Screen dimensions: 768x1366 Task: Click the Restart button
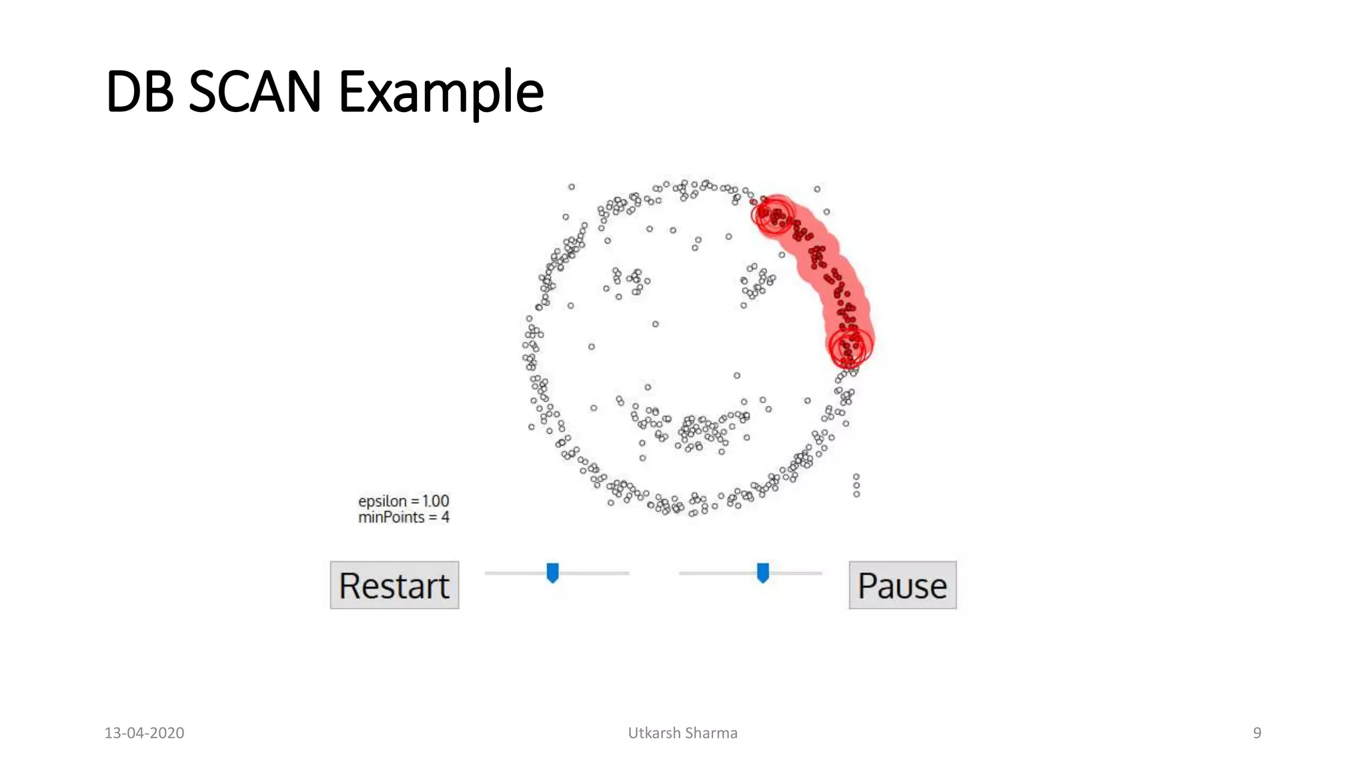(394, 585)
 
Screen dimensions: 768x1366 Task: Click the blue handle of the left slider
(552, 573)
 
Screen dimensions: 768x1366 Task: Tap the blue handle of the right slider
(763, 573)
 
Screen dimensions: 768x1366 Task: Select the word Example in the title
(441, 93)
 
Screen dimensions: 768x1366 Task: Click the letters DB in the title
(139, 91)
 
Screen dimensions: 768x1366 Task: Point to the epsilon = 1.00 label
(404, 501)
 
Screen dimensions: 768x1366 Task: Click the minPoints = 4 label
(404, 517)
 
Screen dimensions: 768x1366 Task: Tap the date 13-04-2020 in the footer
(144, 733)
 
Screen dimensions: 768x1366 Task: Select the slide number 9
(1257, 733)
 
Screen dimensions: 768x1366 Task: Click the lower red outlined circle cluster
(850, 347)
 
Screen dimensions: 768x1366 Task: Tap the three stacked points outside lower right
(856, 485)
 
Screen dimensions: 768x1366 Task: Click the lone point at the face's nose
(656, 324)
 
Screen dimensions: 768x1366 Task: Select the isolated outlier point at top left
(572, 187)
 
